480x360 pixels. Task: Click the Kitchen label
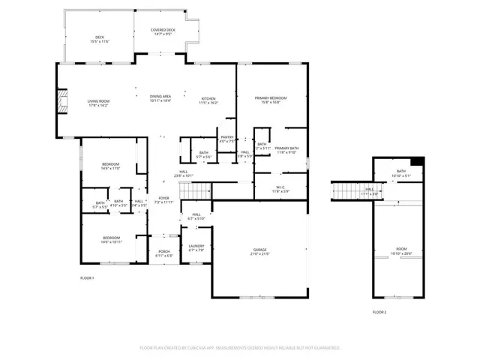pyautogui.click(x=208, y=100)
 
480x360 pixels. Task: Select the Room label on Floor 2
pyautogui.click(x=401, y=249)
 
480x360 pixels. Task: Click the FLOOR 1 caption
pyautogui.click(x=87, y=278)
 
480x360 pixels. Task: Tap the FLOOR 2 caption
pyautogui.click(x=379, y=312)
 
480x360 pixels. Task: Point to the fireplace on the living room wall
pyautogui.click(x=60, y=106)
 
